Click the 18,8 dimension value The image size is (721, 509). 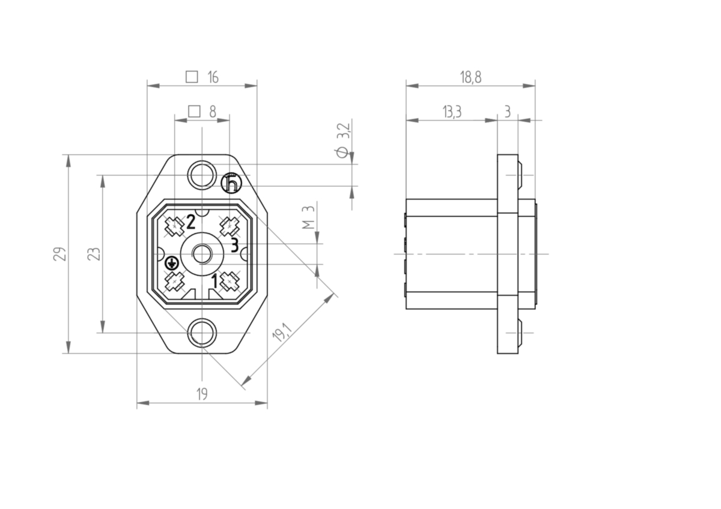click(470, 77)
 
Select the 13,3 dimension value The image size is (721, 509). click(452, 112)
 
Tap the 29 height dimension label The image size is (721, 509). click(60, 254)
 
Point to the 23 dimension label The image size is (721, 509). click(94, 254)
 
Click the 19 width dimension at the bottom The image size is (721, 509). click(202, 394)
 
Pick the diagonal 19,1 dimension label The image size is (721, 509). click(282, 332)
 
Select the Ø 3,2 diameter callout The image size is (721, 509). click(342, 140)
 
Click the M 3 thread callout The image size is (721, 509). click(308, 217)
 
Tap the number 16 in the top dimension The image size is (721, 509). click(213, 77)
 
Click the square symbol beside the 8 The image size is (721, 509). click(194, 112)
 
